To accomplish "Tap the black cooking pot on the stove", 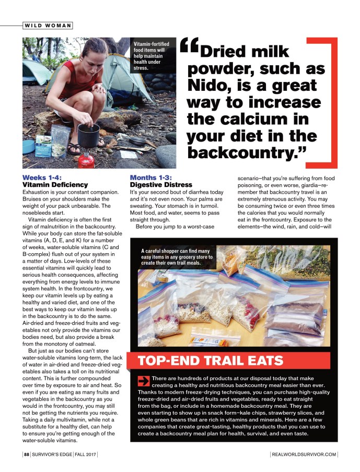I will pos(88,135).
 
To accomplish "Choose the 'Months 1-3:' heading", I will pos(151,178).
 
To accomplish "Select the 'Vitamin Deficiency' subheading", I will pos(55,185).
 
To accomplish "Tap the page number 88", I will pos(26,455).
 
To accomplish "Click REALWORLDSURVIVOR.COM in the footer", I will pos(305,455).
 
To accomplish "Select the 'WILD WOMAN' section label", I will pos(48,26).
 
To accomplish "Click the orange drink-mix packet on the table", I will pos(207,341).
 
